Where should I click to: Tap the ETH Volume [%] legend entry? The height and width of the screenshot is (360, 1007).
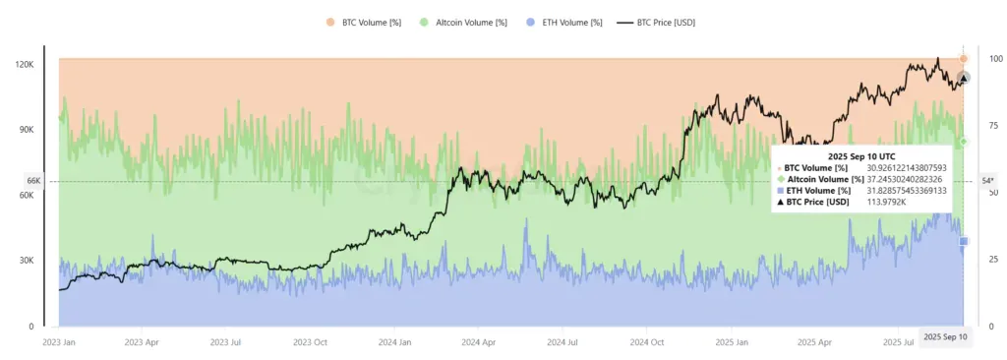[563, 22]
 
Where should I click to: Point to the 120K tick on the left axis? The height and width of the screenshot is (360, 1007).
[25, 64]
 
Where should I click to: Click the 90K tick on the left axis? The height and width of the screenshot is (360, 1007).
[27, 130]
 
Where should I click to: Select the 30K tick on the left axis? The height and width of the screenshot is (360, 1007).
[27, 261]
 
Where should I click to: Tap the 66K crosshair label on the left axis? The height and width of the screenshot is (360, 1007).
[32, 181]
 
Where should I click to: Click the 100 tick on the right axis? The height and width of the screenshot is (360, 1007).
[995, 59]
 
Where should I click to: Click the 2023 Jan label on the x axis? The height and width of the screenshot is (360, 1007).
[61, 343]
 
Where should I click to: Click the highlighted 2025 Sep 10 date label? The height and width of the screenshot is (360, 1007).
[945, 337]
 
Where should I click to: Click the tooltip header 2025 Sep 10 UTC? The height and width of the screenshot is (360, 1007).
[862, 155]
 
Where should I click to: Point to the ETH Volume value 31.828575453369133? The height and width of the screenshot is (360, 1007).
[918, 191]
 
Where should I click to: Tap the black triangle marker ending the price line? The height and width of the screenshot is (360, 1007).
[964, 78]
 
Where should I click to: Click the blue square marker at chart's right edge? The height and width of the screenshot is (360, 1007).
[964, 241]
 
